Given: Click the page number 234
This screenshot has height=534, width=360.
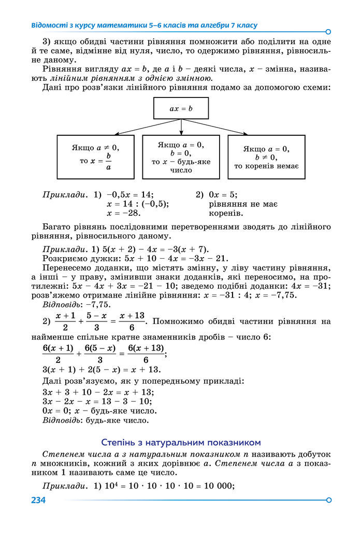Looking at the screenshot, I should pyautogui.click(x=38, y=500).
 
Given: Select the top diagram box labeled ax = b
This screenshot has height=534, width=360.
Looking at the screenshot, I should pyautogui.click(x=181, y=109).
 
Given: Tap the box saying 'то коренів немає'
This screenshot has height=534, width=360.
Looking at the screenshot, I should pyautogui.click(x=266, y=157).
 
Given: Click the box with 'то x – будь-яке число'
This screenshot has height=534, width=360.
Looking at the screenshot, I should pyautogui.click(x=181, y=157).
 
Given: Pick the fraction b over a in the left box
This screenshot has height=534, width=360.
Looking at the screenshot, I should pyautogui.click(x=109, y=161).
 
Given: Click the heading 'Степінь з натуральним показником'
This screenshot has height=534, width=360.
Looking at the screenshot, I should pyautogui.click(x=181, y=442).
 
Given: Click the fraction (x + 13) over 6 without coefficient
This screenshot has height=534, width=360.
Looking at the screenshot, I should pyautogui.click(x=132, y=322).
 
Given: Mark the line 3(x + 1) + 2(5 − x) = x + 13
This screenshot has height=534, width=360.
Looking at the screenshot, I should pyautogui.click(x=102, y=370).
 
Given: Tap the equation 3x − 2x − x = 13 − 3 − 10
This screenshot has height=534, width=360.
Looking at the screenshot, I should pyautogui.click(x=97, y=401).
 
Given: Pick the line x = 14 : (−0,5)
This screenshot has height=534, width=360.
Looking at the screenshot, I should pyautogui.click(x=138, y=204).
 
